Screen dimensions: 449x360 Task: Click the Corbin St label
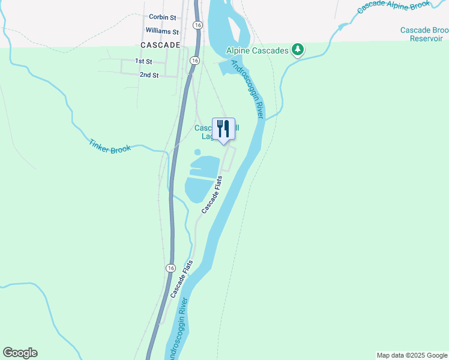click(x=162, y=18)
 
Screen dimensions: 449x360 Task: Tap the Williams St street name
click(x=162, y=31)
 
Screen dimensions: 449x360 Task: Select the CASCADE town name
click(x=160, y=45)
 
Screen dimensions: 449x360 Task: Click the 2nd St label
click(x=149, y=75)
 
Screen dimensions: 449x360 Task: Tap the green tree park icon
click(x=297, y=50)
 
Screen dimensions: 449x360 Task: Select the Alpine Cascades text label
click(x=258, y=51)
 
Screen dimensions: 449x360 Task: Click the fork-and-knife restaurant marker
click(x=223, y=130)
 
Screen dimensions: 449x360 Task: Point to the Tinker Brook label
click(x=109, y=146)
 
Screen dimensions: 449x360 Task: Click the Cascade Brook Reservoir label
click(x=424, y=34)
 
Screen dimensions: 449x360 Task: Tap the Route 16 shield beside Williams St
click(x=197, y=25)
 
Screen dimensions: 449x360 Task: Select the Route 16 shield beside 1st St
click(x=194, y=61)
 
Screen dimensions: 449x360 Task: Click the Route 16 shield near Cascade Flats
click(x=172, y=268)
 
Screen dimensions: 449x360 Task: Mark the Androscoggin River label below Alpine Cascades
click(x=247, y=89)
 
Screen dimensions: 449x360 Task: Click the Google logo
click(x=20, y=353)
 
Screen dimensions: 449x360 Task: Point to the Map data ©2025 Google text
click(x=412, y=355)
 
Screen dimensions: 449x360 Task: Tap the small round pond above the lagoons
click(x=197, y=152)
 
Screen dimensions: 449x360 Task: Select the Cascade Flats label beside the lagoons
click(x=212, y=195)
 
